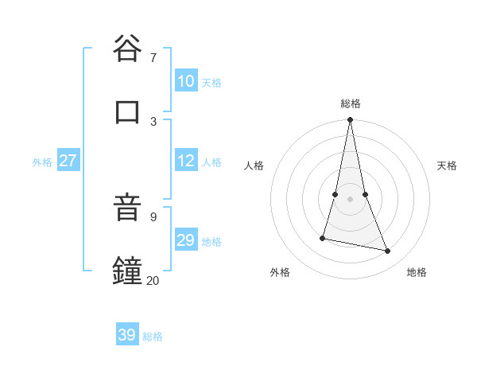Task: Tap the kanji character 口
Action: tap(127, 111)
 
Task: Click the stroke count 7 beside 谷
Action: tap(153, 57)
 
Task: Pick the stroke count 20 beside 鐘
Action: tap(153, 280)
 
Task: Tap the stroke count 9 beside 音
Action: tap(153, 216)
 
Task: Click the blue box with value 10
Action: tap(186, 81)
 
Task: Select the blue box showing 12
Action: tap(186, 161)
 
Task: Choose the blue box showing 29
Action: tap(186, 240)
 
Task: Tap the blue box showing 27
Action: tap(68, 161)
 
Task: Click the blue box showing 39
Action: tap(127, 335)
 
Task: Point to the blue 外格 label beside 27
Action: tap(42, 162)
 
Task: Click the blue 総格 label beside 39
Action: tap(153, 337)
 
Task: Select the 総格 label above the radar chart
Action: tap(351, 103)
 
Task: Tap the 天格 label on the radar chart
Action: tap(447, 166)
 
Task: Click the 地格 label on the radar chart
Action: tap(417, 272)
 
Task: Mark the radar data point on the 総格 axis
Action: tap(351, 120)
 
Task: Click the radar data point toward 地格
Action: tap(388, 251)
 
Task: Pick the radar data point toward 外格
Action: tap(323, 238)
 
